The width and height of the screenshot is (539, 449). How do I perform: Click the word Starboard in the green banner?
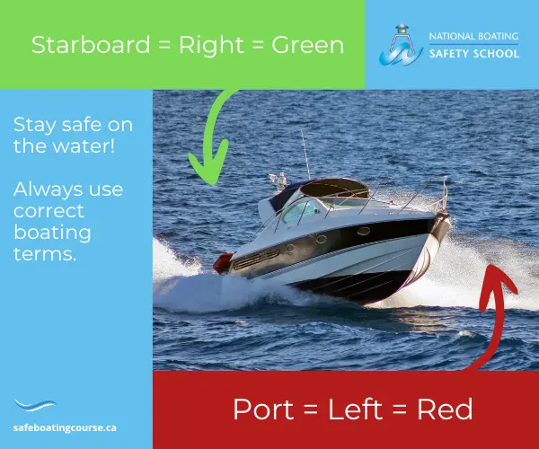click(x=91, y=45)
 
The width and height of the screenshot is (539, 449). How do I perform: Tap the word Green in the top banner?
click(x=307, y=45)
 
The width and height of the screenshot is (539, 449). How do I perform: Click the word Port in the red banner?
click(x=263, y=409)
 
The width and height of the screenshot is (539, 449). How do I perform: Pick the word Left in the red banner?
click(x=355, y=409)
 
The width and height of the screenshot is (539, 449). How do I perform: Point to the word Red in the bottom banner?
click(x=445, y=409)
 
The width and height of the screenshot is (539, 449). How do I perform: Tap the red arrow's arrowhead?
click(x=497, y=286)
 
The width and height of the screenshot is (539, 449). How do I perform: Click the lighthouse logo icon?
click(x=402, y=45)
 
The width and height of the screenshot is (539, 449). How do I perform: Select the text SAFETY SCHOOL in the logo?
click(x=474, y=54)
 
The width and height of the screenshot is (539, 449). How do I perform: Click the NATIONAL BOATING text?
click(x=474, y=36)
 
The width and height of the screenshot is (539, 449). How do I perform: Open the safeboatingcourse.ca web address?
click(x=65, y=428)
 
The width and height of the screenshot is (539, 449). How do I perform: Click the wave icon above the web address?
click(x=34, y=405)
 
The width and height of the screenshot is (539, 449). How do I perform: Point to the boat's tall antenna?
click(x=305, y=154)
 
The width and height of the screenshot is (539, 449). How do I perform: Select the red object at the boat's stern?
click(x=223, y=264)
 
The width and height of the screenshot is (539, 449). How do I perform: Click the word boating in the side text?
click(x=52, y=233)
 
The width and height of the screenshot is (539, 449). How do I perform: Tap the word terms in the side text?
click(x=45, y=254)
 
